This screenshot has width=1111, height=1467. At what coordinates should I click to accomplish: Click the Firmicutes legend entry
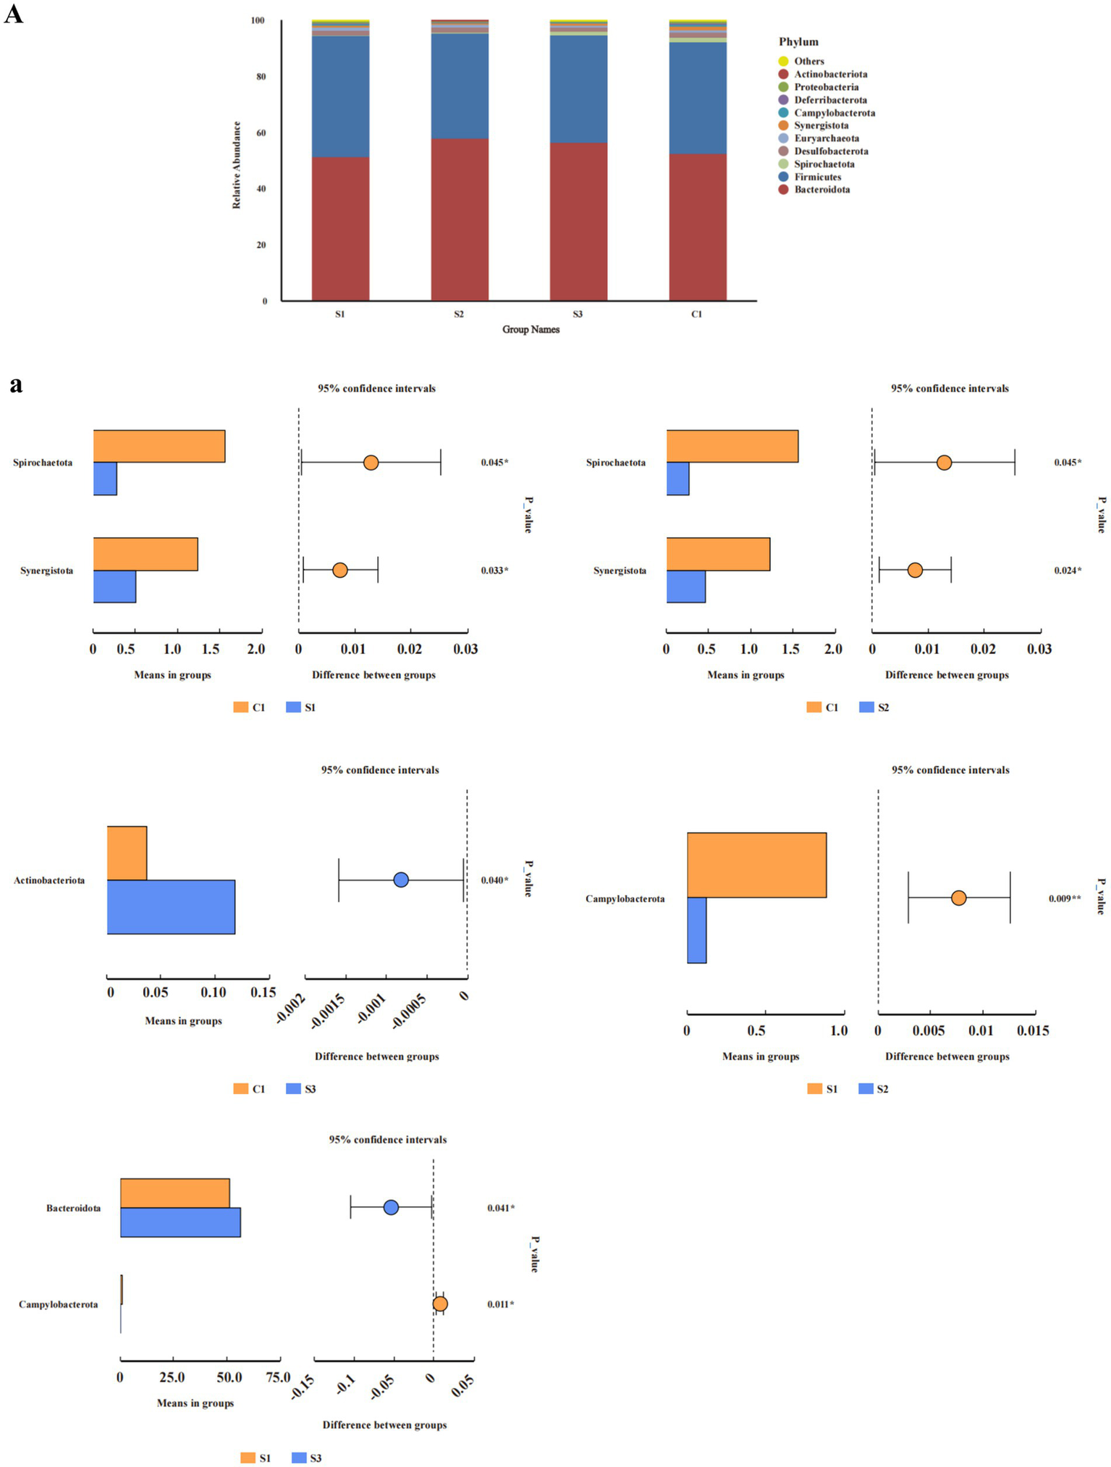[816, 177]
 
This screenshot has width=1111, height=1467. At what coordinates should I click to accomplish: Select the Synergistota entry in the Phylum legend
[820, 125]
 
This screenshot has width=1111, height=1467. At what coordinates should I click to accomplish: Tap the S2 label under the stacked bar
[459, 314]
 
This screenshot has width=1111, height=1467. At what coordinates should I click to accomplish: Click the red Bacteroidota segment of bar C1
[697, 227]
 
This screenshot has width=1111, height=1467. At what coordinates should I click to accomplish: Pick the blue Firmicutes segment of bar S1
[340, 96]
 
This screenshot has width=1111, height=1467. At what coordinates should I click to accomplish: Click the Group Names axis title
[531, 329]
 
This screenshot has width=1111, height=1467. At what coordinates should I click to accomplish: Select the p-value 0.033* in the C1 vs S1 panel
[494, 571]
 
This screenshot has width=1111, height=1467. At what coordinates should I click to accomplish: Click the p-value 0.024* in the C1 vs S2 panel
[1067, 571]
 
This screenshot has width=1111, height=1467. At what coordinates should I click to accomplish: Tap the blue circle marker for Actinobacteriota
[401, 880]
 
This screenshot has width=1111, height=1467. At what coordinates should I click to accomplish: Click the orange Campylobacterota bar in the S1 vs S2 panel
[756, 865]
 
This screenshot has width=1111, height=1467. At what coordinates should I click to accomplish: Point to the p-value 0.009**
[1065, 899]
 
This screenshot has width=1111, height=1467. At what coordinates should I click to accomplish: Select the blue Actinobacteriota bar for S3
[171, 907]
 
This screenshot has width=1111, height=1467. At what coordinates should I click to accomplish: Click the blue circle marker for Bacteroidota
[391, 1207]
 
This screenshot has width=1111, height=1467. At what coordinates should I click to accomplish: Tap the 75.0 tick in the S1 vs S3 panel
[278, 1376]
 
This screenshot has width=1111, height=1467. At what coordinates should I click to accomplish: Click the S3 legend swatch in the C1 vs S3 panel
[293, 1088]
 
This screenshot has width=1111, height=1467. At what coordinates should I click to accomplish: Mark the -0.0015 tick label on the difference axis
[328, 1011]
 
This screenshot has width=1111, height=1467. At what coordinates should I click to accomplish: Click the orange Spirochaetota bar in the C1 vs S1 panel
[159, 446]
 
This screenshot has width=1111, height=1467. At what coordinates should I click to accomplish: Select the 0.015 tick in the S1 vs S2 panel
[1033, 1030]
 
